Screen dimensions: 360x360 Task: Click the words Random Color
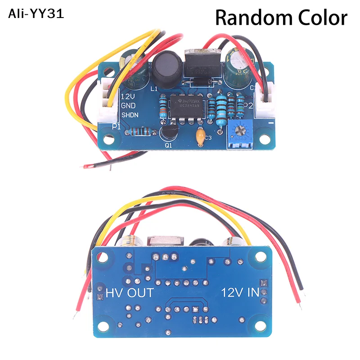pos(281,18)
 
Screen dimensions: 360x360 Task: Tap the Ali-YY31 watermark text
pos(36,14)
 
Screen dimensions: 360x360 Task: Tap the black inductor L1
pos(166,66)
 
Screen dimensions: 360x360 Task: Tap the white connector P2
pos(265,101)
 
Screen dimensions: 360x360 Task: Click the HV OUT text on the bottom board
pos(130,292)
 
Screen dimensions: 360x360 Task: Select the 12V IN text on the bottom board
pos(240,292)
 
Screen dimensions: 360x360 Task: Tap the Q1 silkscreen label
pos(169,145)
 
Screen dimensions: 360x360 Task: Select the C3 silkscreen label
pos(208,138)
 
